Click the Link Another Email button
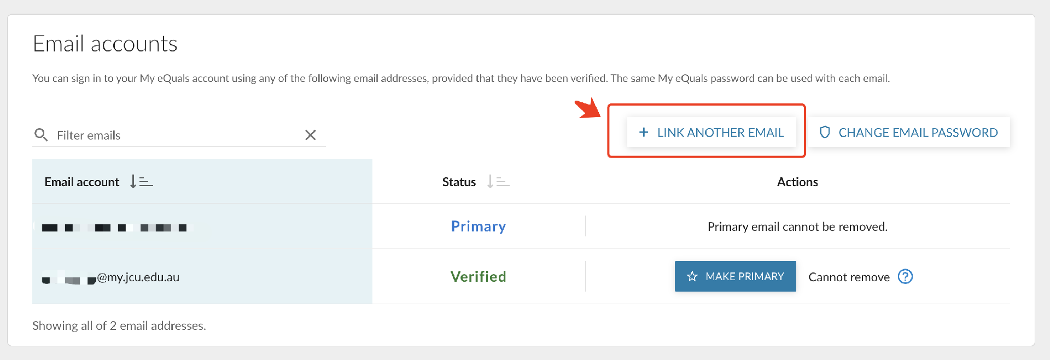point(711,132)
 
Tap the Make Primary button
point(735,276)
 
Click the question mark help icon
point(905,277)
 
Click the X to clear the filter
point(311,135)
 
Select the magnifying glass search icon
point(41,135)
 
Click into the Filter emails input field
point(175,135)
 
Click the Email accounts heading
point(105,44)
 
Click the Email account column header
point(82,182)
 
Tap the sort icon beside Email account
point(141,182)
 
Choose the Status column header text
point(459,182)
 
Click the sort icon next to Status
point(498,182)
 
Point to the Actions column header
point(797,182)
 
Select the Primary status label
point(478,227)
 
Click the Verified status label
point(478,277)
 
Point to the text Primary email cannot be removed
point(797,227)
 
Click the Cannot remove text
point(849,277)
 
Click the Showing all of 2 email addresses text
point(119,326)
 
